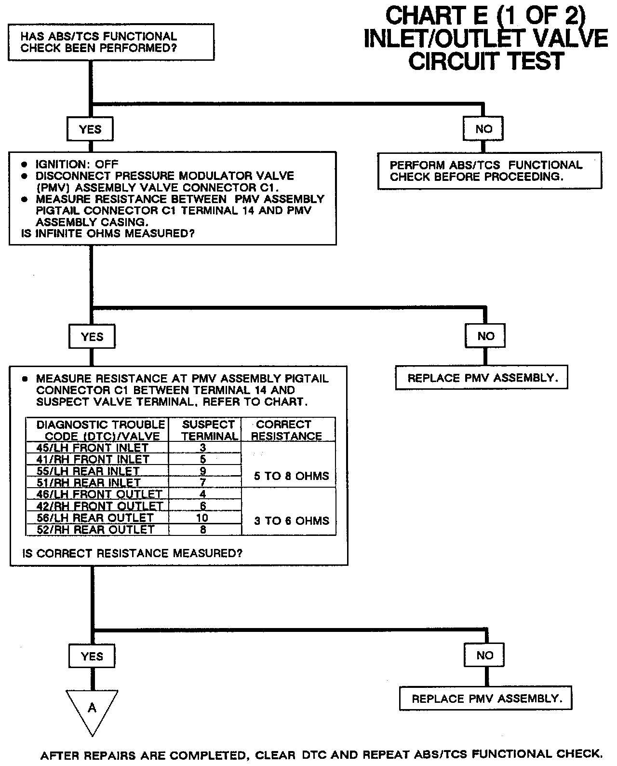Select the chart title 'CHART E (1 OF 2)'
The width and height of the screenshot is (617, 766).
point(485,16)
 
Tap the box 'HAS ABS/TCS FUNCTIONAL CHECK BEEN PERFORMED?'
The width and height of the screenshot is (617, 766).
point(111,42)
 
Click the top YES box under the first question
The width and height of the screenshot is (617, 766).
point(90,129)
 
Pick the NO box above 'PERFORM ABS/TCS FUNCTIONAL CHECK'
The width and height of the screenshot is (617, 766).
point(483,128)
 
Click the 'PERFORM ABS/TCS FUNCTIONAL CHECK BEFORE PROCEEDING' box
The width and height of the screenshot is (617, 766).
point(489,171)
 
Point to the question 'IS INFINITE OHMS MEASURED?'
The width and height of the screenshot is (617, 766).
point(108,234)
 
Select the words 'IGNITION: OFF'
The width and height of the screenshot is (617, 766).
point(77,164)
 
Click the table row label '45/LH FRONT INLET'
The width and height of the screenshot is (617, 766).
point(93,448)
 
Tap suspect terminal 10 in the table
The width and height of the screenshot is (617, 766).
point(202,518)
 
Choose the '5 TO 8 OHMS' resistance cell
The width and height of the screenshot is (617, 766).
point(291,476)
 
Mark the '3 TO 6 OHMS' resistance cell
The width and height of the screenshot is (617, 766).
point(291,520)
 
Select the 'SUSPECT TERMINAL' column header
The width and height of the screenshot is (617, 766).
point(209,430)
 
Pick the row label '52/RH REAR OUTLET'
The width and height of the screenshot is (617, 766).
point(95,529)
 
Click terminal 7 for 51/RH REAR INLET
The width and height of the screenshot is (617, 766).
point(203,482)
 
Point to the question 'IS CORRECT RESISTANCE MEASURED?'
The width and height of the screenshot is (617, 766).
point(132,553)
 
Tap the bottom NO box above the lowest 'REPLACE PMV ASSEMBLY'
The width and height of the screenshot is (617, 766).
point(484,655)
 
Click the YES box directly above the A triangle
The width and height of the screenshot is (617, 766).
point(92,656)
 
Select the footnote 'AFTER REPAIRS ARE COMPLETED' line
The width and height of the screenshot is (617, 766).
point(321,754)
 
